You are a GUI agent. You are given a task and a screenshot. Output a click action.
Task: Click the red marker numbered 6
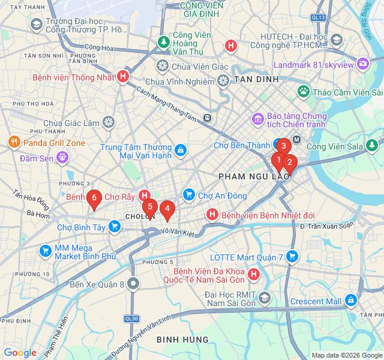click(x=94, y=199)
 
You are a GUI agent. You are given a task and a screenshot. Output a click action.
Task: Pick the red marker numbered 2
click(x=289, y=163)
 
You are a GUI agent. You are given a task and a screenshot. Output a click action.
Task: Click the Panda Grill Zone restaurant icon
click(x=14, y=143)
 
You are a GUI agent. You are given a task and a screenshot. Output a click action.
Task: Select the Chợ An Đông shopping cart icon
click(x=189, y=195)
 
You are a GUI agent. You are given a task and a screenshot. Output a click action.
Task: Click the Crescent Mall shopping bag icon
click(x=350, y=301)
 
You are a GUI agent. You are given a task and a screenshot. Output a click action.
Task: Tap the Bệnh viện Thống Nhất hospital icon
click(x=123, y=76)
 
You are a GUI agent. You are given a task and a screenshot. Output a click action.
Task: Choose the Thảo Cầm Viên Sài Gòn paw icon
click(x=304, y=92)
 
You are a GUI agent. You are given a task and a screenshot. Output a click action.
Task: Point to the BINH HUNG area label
click(x=182, y=340)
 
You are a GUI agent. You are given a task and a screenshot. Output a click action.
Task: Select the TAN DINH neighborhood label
click(x=256, y=79)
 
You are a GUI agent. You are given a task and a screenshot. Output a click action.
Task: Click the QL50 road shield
click(x=132, y=318)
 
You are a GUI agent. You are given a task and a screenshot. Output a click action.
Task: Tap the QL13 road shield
click(x=319, y=17)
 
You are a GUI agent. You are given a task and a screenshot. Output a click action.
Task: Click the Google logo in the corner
click(x=20, y=353)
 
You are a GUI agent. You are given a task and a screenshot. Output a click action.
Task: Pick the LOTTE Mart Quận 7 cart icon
click(x=292, y=257)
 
